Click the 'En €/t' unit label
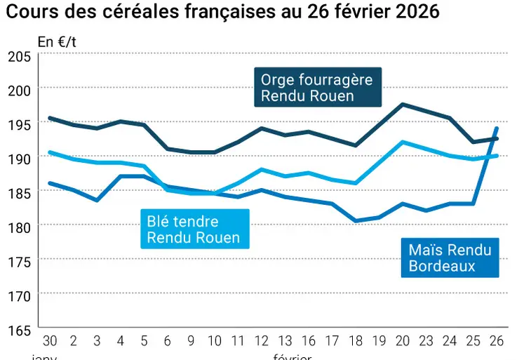pos(56,41)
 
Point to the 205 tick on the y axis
pos(18,56)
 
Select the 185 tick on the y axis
pos(18,192)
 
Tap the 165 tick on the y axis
pos(18,328)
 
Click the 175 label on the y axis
pos(18,260)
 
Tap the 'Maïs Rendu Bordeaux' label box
pos(449,257)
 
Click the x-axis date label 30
pos(50,342)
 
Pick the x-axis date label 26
pos(497,342)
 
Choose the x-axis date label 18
pos(356,342)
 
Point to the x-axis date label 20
pos(403,342)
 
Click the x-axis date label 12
pos(261,342)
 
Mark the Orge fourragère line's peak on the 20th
pos(403,105)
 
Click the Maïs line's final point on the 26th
pos(497,128)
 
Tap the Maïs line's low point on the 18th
pos(356,221)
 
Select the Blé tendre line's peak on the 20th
pos(403,142)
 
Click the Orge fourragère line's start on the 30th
pos(50,118)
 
